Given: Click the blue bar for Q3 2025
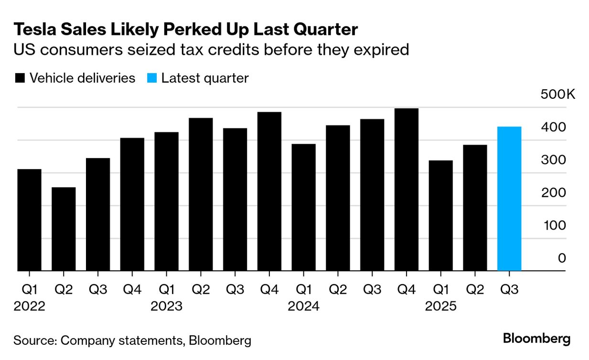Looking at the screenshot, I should click(x=509, y=199).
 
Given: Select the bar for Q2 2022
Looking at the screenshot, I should click(x=64, y=229).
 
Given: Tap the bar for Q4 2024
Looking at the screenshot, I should click(x=406, y=190).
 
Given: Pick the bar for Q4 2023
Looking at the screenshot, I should click(x=269, y=191).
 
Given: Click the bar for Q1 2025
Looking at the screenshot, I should click(x=440, y=216).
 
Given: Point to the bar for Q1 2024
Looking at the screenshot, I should click(x=303, y=207).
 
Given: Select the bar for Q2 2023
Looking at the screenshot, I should click(x=201, y=194).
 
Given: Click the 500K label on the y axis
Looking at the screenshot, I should click(x=558, y=95).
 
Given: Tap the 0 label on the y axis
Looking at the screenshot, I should click(x=562, y=258).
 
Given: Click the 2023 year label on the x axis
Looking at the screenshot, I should click(x=166, y=306).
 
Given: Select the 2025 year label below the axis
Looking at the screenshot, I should click(x=440, y=306).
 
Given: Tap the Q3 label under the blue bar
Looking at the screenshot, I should click(x=509, y=289).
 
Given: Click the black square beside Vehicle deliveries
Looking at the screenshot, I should click(x=20, y=78).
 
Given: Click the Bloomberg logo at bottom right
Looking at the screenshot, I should click(x=536, y=339).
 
